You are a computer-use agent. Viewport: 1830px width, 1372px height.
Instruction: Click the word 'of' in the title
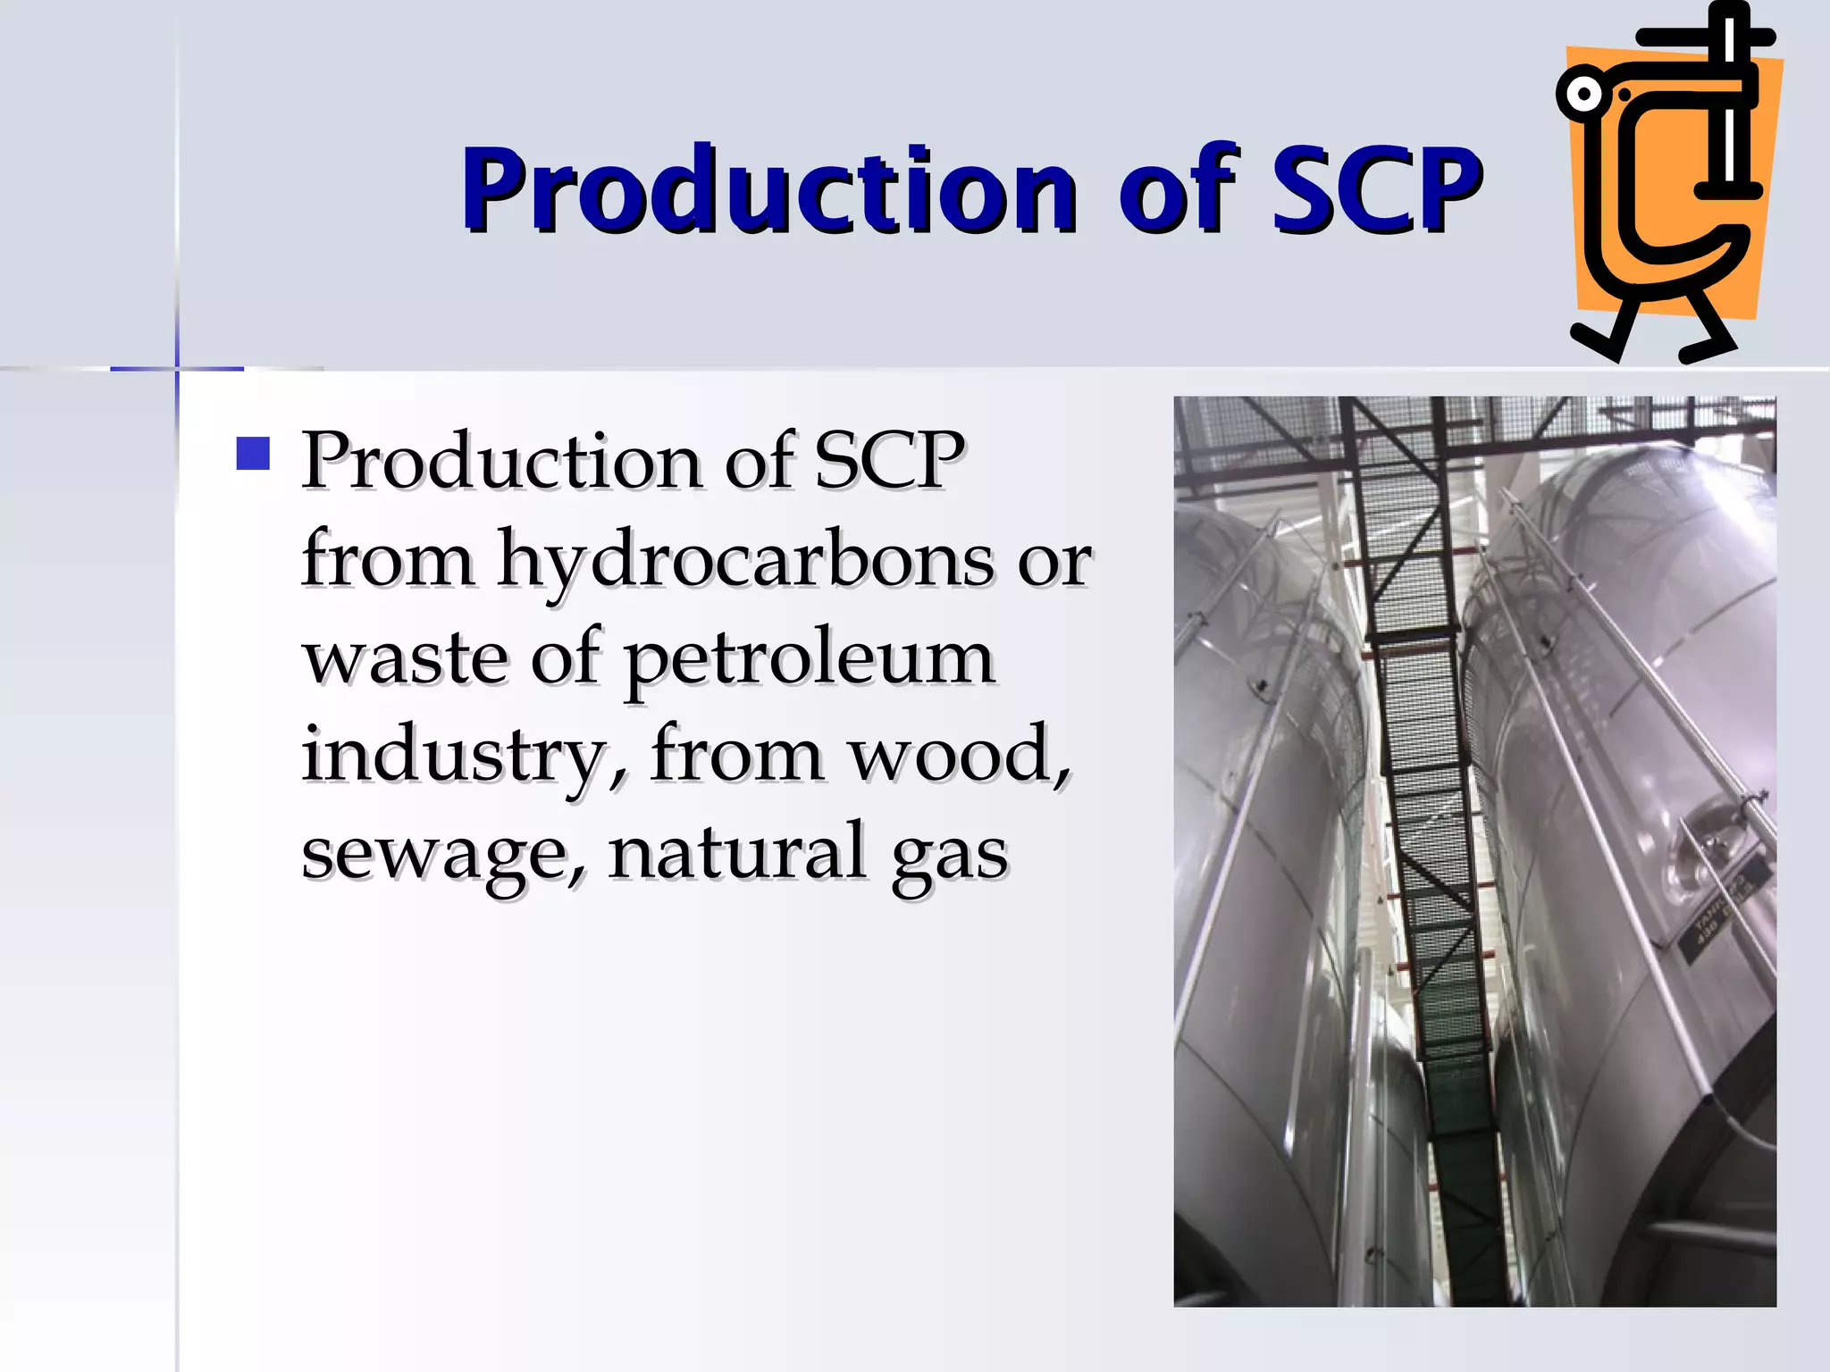pyautogui.click(x=1178, y=190)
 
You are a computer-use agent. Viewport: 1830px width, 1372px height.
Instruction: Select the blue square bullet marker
pyautogui.click(x=253, y=454)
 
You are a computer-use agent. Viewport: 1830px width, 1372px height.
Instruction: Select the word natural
pyautogui.click(x=737, y=852)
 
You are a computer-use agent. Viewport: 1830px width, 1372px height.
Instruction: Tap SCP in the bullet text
pyautogui.click(x=889, y=461)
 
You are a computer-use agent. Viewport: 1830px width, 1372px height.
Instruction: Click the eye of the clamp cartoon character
pyautogui.click(x=1584, y=94)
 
